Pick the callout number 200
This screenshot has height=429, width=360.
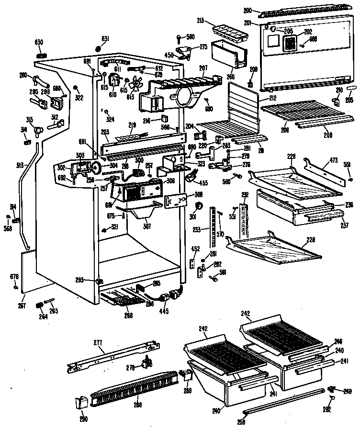[247, 10]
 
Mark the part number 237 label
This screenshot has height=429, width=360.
[345, 225]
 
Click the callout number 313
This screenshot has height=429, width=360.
[20, 165]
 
